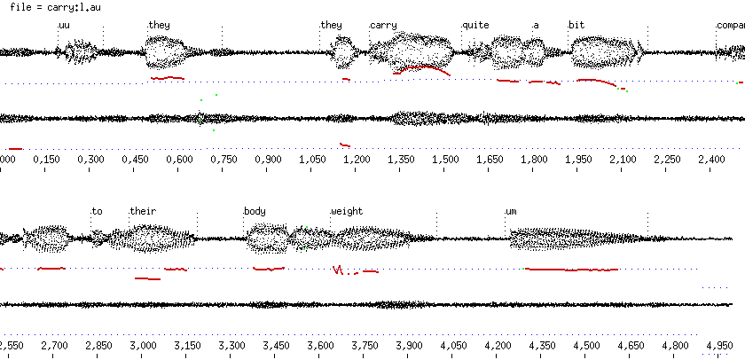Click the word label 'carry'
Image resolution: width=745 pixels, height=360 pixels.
coord(383,25)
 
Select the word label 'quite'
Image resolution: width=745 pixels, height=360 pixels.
coord(475,25)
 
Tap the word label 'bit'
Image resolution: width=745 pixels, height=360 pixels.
coord(576,25)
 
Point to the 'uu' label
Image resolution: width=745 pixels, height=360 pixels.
coord(64,25)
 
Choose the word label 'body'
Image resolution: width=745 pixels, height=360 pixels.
coord(255,211)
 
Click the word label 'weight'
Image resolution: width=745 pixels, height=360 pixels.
coord(347,211)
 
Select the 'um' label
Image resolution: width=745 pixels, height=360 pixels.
coord(511,211)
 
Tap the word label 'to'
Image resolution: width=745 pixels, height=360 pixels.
coord(98,211)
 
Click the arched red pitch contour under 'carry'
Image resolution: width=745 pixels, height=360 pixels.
coord(423,67)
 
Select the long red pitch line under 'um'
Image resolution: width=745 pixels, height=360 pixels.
coord(572,269)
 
